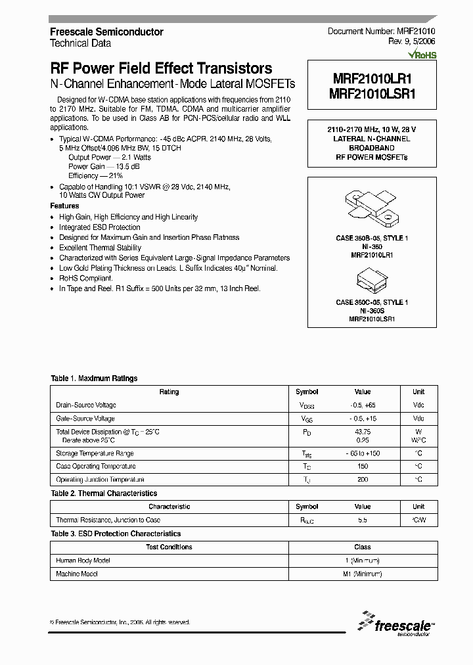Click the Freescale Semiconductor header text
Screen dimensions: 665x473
click(x=107, y=32)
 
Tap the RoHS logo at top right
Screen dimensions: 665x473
click(x=422, y=55)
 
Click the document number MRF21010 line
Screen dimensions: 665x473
click(x=382, y=32)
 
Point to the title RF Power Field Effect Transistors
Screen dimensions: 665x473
click(x=161, y=68)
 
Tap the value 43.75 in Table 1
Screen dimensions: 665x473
click(x=362, y=432)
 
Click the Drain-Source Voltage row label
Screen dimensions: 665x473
click(x=86, y=405)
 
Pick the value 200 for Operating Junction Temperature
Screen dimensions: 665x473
click(x=362, y=480)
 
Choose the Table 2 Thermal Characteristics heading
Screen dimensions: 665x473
click(x=104, y=493)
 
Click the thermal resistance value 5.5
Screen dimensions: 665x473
click(x=362, y=520)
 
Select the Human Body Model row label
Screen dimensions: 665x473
click(x=83, y=561)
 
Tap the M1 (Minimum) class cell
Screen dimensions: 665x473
click(x=362, y=574)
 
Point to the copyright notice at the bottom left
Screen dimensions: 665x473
click(x=120, y=622)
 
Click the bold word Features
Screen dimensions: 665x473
click(x=64, y=206)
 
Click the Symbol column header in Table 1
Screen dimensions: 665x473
click(x=307, y=392)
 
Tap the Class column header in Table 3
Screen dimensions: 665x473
click(x=362, y=547)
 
